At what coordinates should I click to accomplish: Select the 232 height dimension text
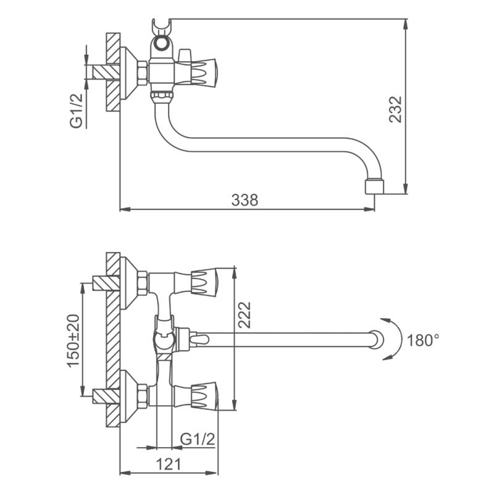pos(396,109)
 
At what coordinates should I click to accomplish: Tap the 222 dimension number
pos(245,316)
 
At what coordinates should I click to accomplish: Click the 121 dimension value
pos(172,464)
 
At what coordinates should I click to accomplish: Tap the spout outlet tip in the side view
pos(375,186)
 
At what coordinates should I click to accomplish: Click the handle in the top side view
pos(201,70)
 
